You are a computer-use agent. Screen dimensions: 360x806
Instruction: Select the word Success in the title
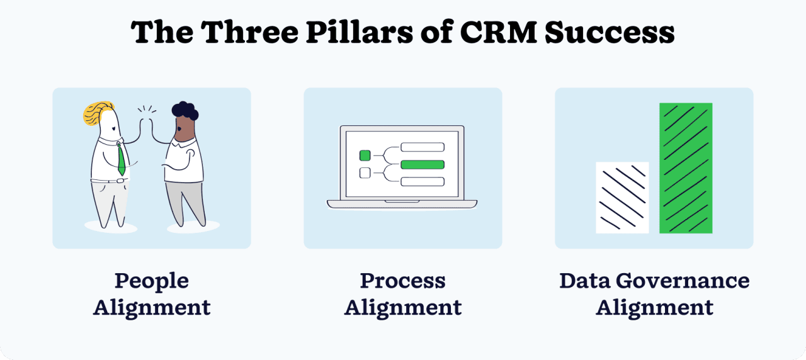point(610,33)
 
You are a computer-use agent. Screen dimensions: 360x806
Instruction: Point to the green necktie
point(121,160)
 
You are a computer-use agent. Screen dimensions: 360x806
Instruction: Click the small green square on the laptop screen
point(365,155)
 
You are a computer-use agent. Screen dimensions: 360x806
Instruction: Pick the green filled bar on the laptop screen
point(423,165)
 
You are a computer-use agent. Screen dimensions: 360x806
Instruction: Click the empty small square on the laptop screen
point(365,173)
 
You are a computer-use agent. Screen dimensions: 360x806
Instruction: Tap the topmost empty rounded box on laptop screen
point(423,148)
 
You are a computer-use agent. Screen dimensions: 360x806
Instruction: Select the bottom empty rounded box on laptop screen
point(423,182)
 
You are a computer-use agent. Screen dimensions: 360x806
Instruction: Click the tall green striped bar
point(686,168)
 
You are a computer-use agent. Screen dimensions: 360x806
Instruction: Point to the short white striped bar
point(622,198)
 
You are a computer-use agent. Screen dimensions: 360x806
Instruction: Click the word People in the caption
point(151,281)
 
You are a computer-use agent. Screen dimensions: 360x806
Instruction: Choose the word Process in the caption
point(402,281)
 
